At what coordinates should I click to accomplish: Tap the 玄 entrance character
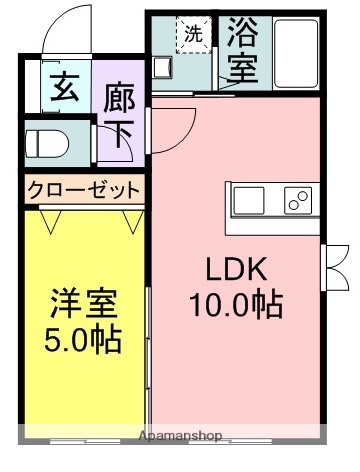[61, 89]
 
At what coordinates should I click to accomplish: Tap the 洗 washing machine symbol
[191, 32]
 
